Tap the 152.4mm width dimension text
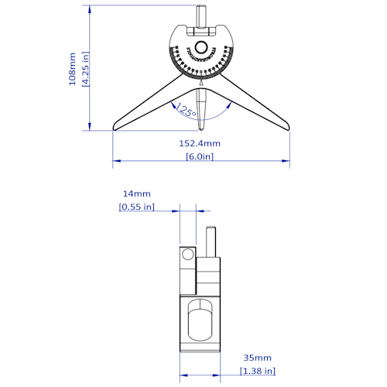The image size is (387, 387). tap(200, 143)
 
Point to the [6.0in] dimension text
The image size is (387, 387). tap(200, 156)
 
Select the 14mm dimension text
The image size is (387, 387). tap(136, 193)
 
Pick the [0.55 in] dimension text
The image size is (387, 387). tap(136, 207)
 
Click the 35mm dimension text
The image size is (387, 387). tap(257, 358)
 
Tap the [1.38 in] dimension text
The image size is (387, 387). tap(257, 372)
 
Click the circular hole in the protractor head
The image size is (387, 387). tap(201, 47)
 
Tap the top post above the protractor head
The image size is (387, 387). tap(201, 15)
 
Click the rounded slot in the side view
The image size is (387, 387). tap(200, 319)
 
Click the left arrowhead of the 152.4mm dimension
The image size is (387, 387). tap(116, 162)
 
